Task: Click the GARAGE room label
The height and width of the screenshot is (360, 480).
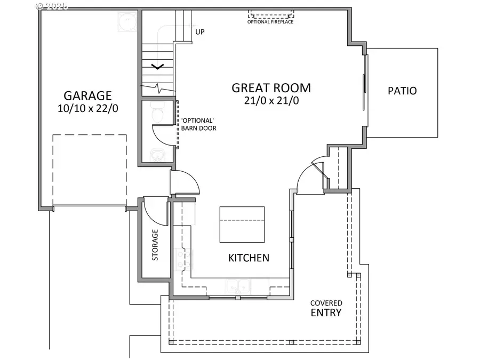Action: [x=87, y=95]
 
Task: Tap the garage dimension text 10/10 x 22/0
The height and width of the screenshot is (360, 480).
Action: [x=87, y=108]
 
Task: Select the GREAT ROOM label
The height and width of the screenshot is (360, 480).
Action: [x=271, y=88]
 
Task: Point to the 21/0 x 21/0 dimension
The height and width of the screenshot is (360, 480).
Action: [x=271, y=100]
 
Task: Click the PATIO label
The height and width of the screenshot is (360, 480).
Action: [x=402, y=91]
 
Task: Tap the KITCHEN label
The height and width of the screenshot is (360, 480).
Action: [x=249, y=258]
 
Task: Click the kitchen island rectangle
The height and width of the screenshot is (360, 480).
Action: [x=242, y=224]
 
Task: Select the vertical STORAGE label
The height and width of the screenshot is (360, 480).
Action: [x=155, y=245]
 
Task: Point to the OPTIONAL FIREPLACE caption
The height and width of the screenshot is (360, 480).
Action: [x=270, y=22]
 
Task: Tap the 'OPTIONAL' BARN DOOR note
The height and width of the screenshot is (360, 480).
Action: [x=198, y=124]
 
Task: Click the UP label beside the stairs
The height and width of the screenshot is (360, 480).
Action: [x=200, y=32]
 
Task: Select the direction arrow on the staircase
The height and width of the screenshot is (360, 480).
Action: [x=157, y=67]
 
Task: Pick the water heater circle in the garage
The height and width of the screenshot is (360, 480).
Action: [x=128, y=21]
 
